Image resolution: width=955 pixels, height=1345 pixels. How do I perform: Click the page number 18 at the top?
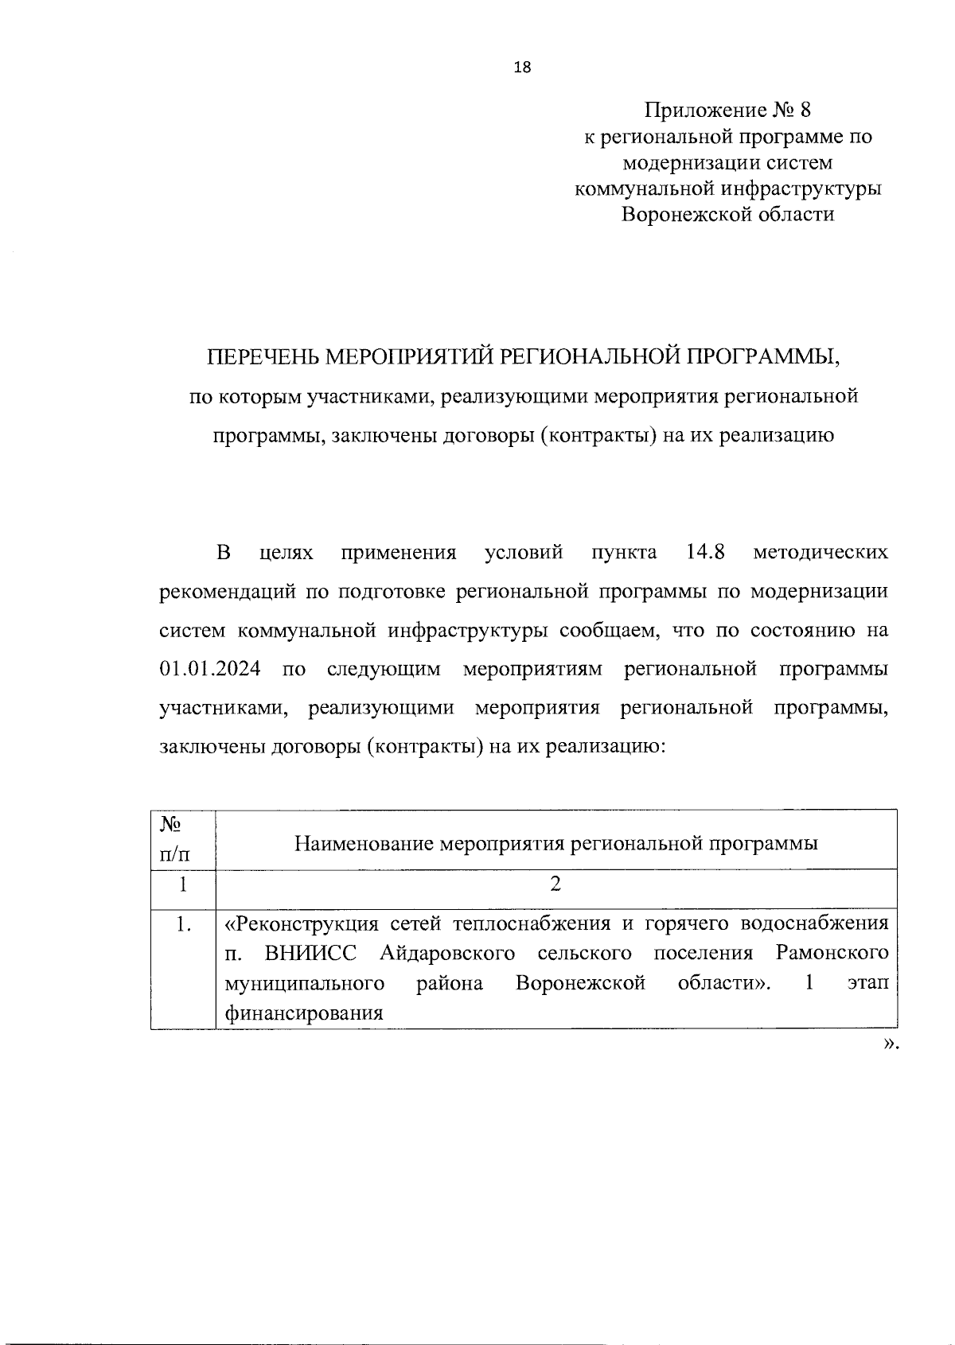(x=523, y=68)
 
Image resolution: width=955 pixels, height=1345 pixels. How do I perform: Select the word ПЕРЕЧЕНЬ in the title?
(x=263, y=356)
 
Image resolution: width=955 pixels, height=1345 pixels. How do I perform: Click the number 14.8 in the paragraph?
(x=704, y=552)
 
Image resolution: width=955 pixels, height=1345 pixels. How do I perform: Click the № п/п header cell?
(x=176, y=839)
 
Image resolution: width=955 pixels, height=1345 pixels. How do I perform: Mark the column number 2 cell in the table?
(x=555, y=884)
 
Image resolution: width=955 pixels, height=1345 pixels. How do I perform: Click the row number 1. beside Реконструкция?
(x=184, y=924)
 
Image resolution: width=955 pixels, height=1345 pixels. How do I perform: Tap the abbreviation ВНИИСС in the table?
(x=311, y=953)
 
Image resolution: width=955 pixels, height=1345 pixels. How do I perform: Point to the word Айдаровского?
(x=447, y=953)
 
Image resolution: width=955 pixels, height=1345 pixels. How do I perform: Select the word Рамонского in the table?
(x=832, y=953)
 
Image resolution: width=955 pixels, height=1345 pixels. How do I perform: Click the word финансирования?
(x=304, y=1013)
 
